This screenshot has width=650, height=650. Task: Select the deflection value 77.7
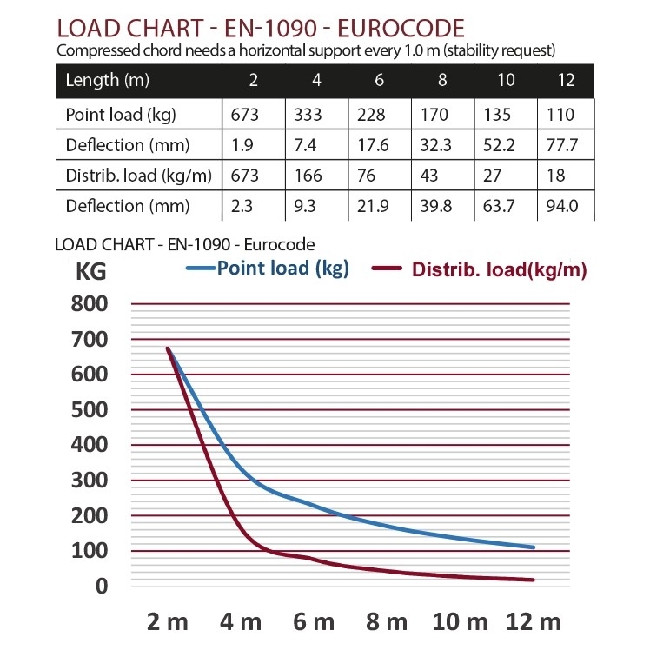click(x=564, y=145)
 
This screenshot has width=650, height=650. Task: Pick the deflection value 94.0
click(x=564, y=206)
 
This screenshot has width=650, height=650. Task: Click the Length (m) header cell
click(x=103, y=80)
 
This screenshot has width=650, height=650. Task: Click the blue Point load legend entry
click(x=270, y=268)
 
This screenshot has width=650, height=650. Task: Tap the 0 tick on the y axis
click(x=102, y=586)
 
